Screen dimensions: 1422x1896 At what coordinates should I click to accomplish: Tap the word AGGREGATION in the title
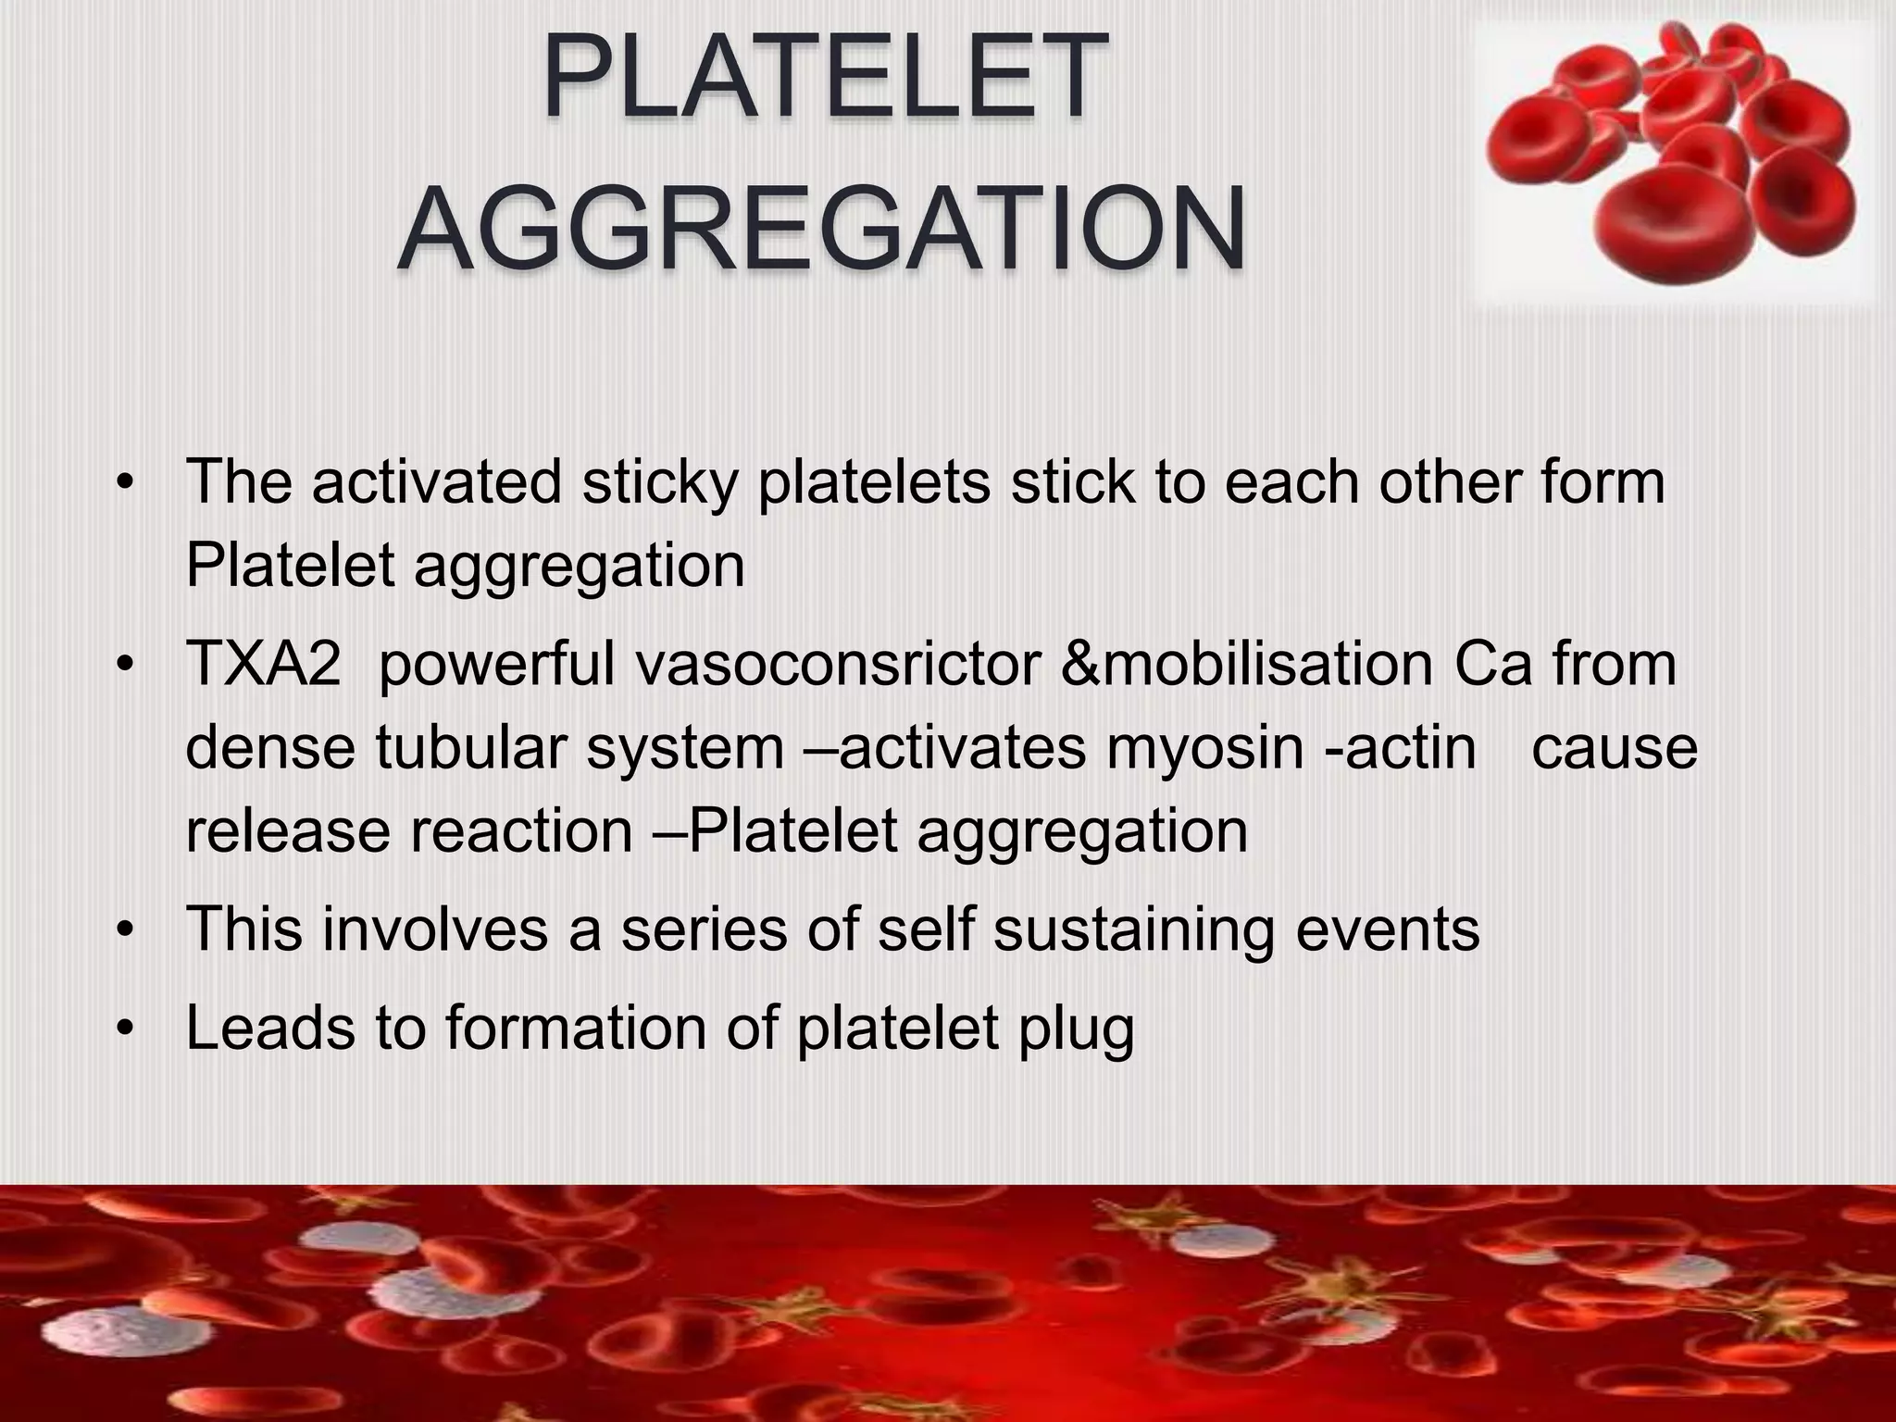click(x=822, y=227)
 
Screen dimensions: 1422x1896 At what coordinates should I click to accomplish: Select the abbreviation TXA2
click(x=263, y=665)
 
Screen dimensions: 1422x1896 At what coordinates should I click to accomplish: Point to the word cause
click(x=1615, y=748)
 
